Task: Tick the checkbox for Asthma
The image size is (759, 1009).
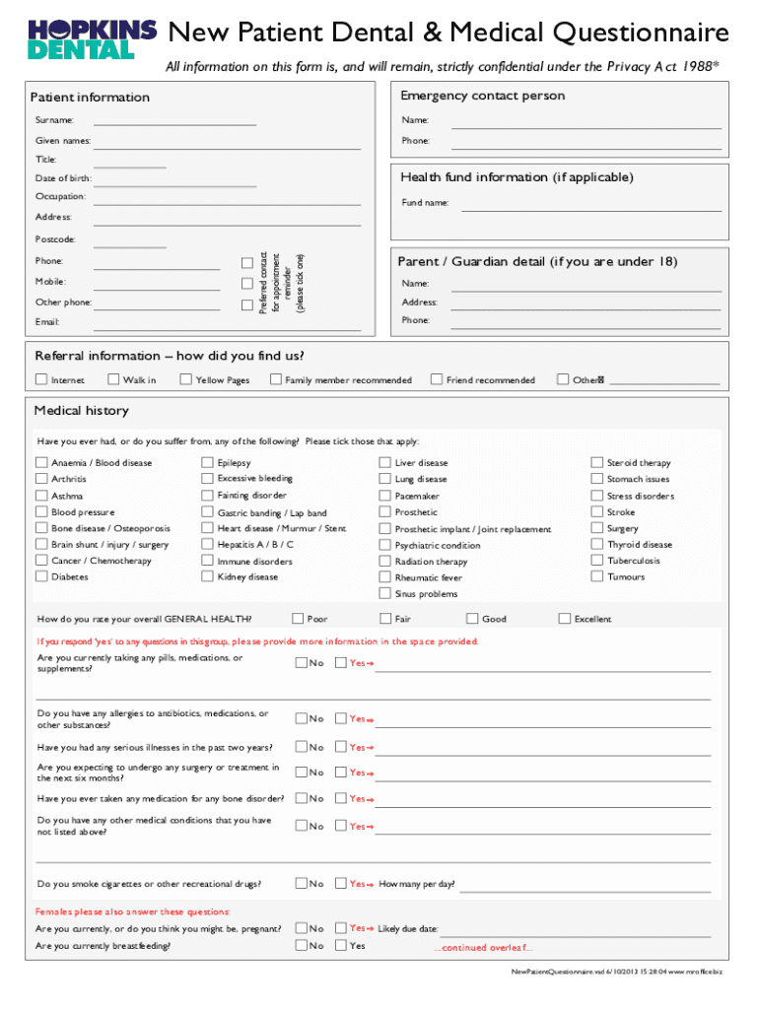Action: point(41,496)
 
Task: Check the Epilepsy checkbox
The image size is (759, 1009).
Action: point(208,462)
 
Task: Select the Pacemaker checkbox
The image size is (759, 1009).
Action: point(385,496)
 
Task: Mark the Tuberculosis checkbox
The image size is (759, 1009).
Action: point(596,561)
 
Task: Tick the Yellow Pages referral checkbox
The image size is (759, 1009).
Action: point(186,379)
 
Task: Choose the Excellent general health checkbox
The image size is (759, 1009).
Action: point(565,619)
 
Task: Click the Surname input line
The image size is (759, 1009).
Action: point(174,123)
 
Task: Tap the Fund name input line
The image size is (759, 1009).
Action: point(586,205)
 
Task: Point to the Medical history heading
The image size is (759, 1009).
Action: point(81,411)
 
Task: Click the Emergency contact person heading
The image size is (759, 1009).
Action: point(483,96)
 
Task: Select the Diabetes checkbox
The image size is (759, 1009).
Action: point(41,576)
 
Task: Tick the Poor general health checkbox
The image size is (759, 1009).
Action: point(298,619)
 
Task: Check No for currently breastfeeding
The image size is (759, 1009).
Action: point(302,945)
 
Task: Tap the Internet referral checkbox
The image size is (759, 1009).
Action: point(41,379)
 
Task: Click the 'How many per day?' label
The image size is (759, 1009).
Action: point(416,884)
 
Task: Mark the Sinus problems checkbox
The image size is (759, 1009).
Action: point(385,593)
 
